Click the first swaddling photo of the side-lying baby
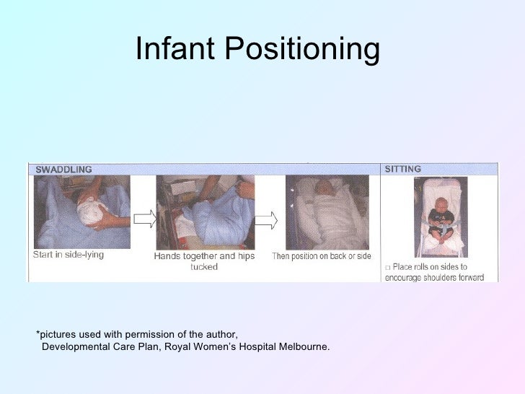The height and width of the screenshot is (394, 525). click(82, 213)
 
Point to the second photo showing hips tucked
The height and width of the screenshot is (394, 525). click(206, 213)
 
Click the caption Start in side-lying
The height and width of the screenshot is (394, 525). click(69, 255)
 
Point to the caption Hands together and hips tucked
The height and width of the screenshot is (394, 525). click(205, 261)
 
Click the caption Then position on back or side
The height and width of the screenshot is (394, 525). click(321, 257)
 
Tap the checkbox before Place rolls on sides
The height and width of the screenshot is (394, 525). click(387, 266)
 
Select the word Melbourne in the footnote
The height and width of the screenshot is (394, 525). click(302, 347)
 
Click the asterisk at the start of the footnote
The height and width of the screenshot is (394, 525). click(38, 333)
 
